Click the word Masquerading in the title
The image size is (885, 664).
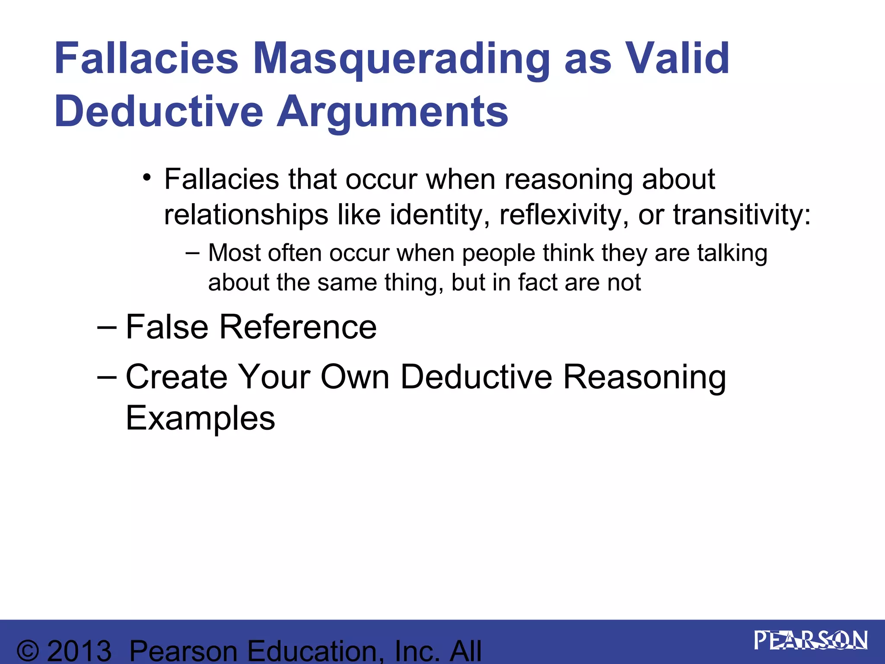pyautogui.click(x=401, y=60)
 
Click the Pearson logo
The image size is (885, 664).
pyautogui.click(x=811, y=641)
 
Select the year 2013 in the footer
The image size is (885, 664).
pyautogui.click(x=79, y=651)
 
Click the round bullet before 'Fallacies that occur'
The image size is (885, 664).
pyautogui.click(x=147, y=178)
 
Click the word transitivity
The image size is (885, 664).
pyautogui.click(x=742, y=215)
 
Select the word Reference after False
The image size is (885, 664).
pyautogui.click(x=298, y=327)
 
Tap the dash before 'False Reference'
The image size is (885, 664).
pyautogui.click(x=107, y=328)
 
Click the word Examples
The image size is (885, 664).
pyautogui.click(x=200, y=418)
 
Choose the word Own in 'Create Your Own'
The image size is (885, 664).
pyautogui.click(x=355, y=377)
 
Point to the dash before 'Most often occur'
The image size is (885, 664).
pyautogui.click(x=192, y=252)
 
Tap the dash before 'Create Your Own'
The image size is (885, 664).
pyautogui.click(x=107, y=377)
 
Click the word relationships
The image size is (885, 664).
pyautogui.click(x=246, y=215)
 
